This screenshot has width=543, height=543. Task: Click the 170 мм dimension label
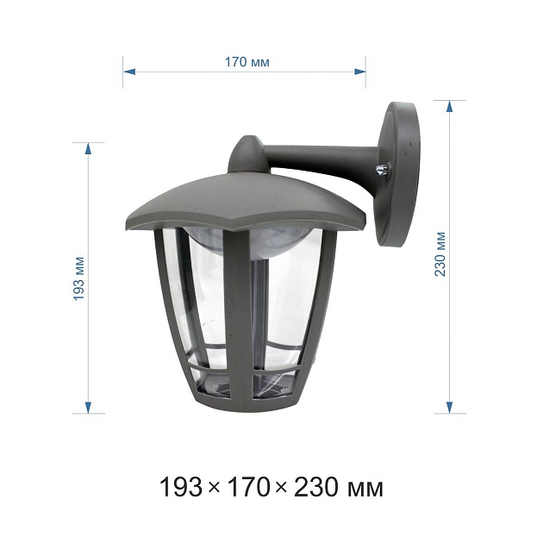point(247,62)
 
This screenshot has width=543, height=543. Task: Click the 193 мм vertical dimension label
point(79,278)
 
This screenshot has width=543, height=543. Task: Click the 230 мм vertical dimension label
point(440,254)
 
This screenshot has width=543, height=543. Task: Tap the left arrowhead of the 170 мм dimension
point(129,72)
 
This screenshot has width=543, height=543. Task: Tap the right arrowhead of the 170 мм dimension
point(359,72)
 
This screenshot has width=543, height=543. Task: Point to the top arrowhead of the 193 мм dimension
point(88,148)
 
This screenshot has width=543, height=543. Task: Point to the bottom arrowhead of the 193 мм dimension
point(88,407)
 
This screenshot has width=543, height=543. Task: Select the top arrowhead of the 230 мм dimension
point(450,106)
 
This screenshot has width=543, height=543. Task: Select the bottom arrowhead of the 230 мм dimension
point(450,407)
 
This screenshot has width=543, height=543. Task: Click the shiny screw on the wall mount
point(383,171)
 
